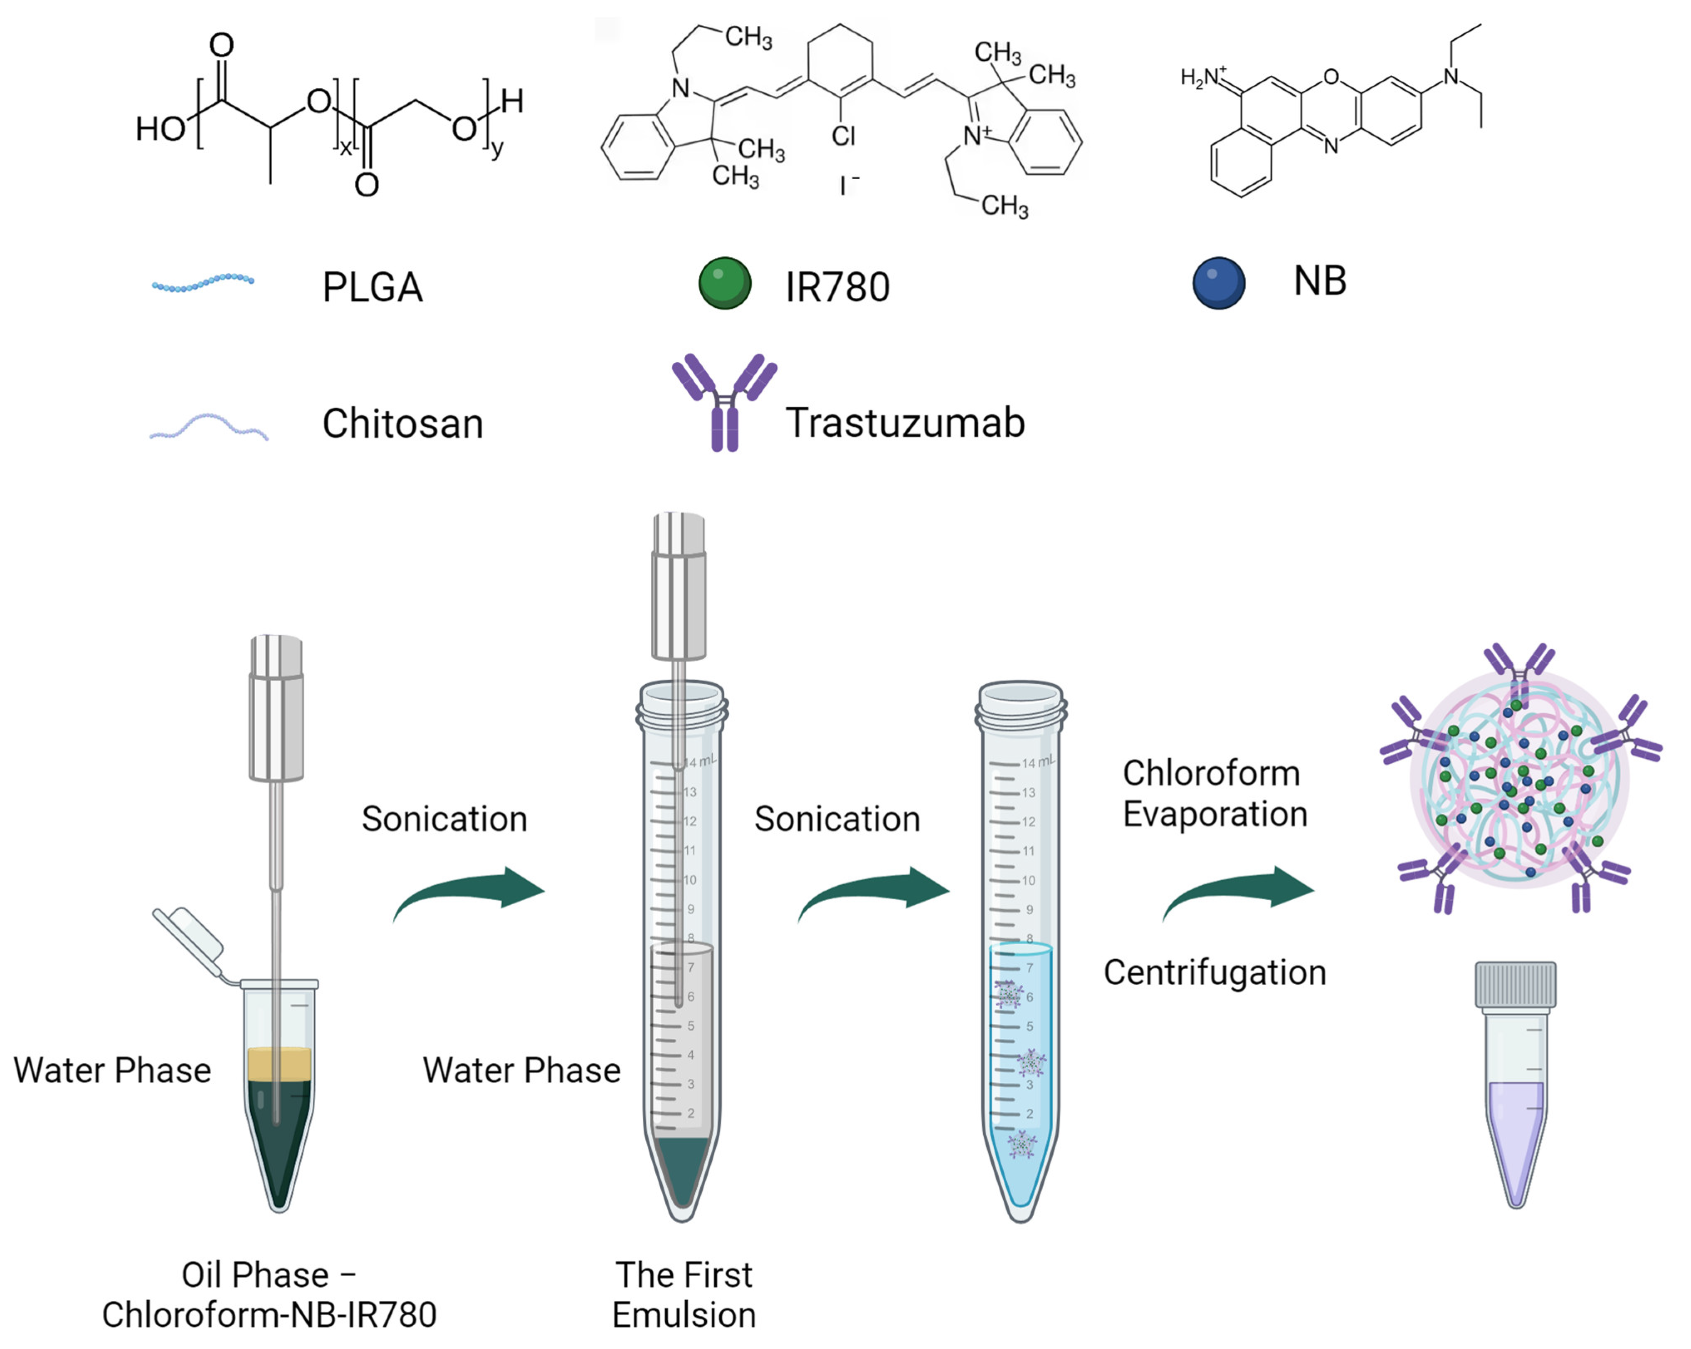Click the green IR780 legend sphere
coord(725,283)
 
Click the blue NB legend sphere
coord(1218,283)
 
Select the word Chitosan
coord(402,424)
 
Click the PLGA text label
coord(373,287)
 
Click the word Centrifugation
coord(1214,972)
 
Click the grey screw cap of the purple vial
coord(1515,983)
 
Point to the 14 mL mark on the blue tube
coord(1037,762)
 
